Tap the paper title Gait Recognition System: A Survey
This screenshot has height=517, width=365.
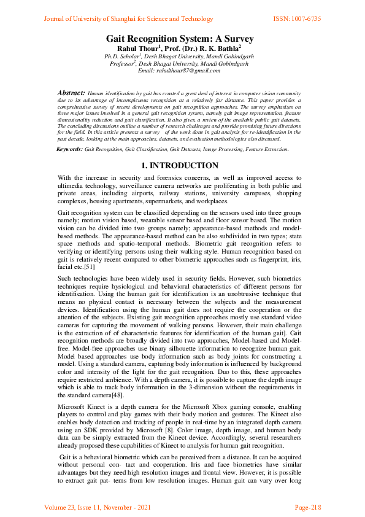180,39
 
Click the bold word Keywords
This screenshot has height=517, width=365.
69,149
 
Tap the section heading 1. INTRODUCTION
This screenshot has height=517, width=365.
179,166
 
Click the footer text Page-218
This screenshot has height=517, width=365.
307,507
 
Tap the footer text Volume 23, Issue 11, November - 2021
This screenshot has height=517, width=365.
98,507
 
